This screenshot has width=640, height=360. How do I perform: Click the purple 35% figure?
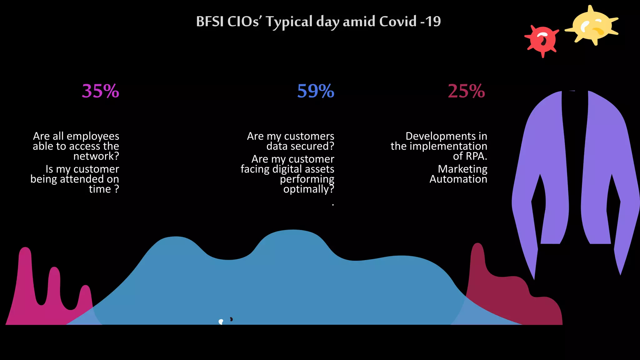(100, 91)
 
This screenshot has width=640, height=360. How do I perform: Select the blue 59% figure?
(315, 91)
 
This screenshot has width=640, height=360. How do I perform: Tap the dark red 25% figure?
(466, 91)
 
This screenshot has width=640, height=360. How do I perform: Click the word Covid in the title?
(397, 22)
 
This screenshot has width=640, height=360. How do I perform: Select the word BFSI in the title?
(210, 22)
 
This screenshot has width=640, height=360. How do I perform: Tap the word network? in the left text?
(96, 156)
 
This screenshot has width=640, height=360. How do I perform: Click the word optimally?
(308, 189)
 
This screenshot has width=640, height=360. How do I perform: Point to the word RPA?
(476, 156)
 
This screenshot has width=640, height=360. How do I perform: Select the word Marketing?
(462, 169)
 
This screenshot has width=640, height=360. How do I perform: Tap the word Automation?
(458, 179)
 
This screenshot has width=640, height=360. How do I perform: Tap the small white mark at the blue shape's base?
(221, 322)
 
